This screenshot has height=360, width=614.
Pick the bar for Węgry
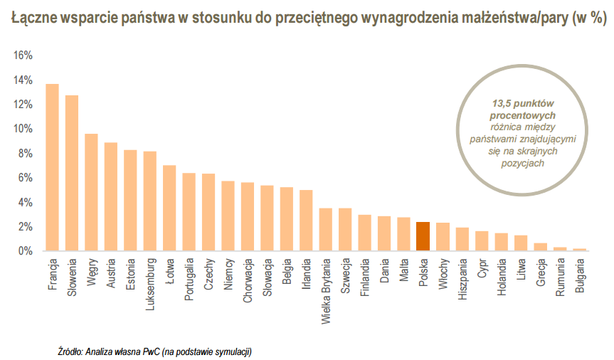pyautogui.click(x=91, y=192)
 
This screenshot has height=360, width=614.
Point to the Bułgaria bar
pyautogui.click(x=579, y=250)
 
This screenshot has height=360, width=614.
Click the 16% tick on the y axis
pyautogui.click(x=23, y=55)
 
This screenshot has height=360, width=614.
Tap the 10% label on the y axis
pyautogui.click(x=23, y=129)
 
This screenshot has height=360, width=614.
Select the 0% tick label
pyautogui.click(x=26, y=251)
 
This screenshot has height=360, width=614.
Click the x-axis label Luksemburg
pyautogui.click(x=150, y=285)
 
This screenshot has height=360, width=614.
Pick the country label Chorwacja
pyautogui.click(x=248, y=282)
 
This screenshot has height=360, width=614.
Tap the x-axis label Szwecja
pyautogui.click(x=345, y=277)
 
